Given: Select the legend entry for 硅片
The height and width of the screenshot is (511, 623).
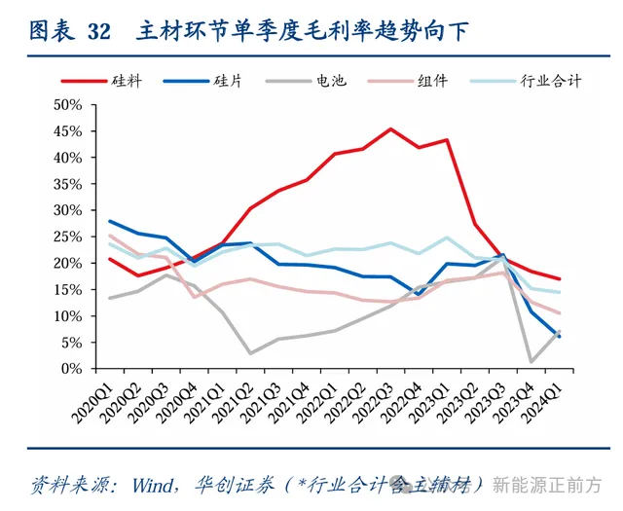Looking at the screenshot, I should click(227, 82).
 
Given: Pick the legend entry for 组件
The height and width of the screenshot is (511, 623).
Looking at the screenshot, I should click(432, 82).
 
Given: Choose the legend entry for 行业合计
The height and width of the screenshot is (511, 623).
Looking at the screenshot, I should click(550, 82).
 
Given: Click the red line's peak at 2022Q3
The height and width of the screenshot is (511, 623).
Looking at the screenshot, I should click(390, 128).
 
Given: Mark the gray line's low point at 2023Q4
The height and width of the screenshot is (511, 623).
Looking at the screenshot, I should click(531, 362).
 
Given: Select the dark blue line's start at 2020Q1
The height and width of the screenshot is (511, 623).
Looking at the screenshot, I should click(109, 221).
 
